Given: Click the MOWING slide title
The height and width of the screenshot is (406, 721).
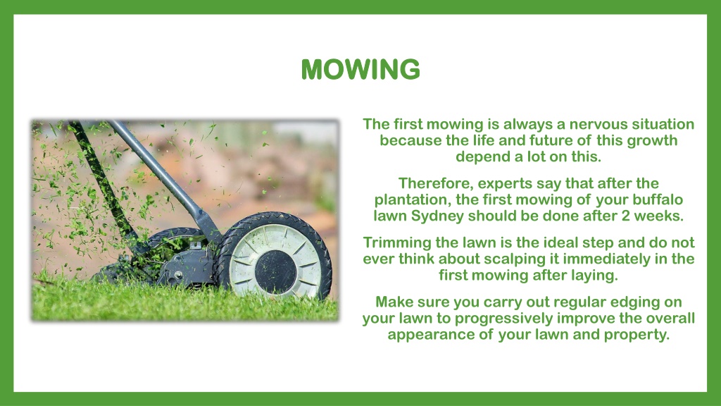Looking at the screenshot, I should pyautogui.click(x=360, y=69).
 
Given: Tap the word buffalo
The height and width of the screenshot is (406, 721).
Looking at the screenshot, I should pyautogui.click(x=656, y=199).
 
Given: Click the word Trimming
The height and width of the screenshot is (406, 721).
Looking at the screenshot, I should pyautogui.click(x=396, y=242).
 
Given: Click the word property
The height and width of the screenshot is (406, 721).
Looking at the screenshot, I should pyautogui.click(x=637, y=334).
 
